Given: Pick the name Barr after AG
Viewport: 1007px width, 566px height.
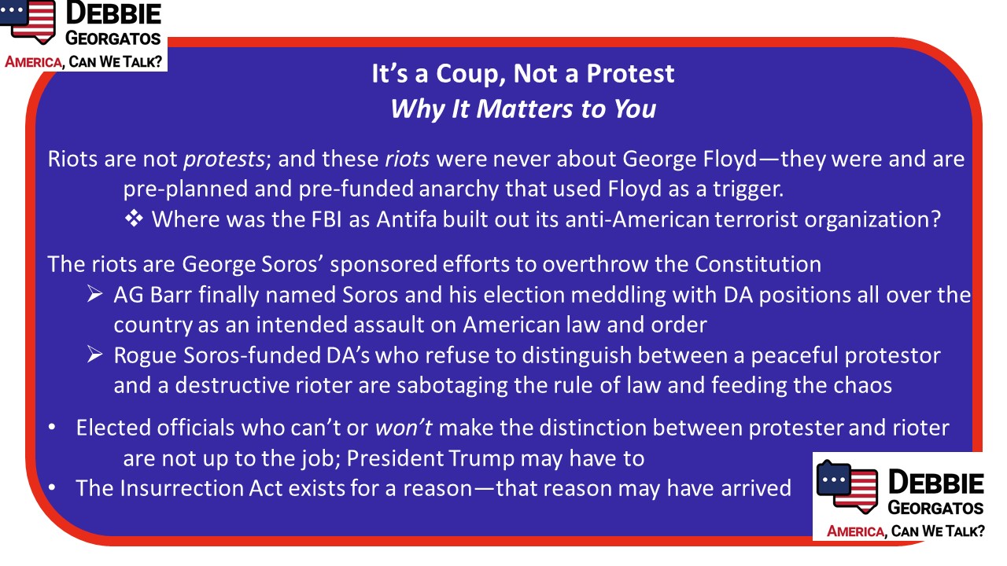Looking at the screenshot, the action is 171,295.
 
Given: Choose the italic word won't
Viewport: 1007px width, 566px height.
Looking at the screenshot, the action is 404,428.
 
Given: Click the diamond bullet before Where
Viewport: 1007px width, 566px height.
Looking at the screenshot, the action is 134,219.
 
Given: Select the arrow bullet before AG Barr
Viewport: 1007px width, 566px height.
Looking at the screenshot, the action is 95,294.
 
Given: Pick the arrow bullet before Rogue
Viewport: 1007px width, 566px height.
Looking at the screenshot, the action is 95,355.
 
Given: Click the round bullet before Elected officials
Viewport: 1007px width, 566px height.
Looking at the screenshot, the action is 52,428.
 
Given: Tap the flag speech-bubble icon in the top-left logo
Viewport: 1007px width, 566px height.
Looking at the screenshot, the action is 28,21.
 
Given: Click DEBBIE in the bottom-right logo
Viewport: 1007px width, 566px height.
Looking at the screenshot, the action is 936,483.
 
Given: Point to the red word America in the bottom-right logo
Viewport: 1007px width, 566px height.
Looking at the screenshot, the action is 855,531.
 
